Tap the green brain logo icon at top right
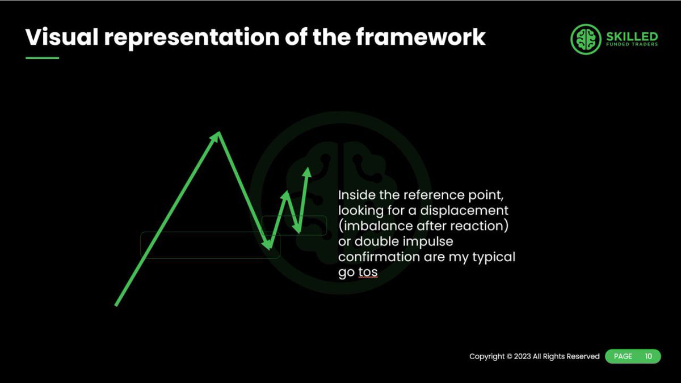point(585,40)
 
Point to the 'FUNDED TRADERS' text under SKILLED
point(632,44)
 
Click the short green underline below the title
point(42,58)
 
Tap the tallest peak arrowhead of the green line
point(218,136)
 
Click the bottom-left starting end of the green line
point(117,304)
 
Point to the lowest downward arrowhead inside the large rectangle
point(267,245)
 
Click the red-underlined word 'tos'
point(368,272)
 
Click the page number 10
point(648,356)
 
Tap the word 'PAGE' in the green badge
point(623,356)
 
